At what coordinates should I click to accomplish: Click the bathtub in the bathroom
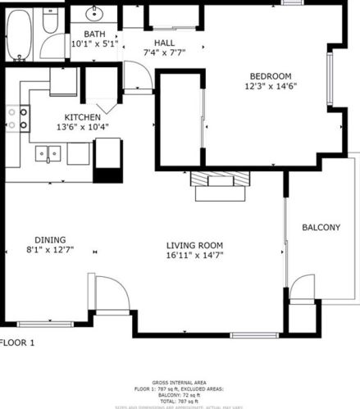19,36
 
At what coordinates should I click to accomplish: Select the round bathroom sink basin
95,13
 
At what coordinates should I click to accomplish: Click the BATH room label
95,34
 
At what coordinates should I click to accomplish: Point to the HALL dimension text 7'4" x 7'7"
164,52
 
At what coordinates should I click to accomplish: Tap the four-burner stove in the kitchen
18,120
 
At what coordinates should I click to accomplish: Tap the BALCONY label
321,227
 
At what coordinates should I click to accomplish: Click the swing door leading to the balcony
303,292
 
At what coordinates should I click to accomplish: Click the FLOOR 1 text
17,343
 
